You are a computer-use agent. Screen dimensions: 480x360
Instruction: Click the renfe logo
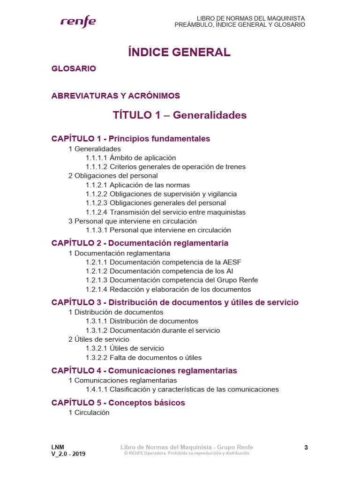click(x=78, y=22)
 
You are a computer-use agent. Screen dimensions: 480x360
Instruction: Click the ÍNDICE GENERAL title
click(x=180, y=52)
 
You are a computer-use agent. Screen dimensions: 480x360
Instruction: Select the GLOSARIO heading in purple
click(x=74, y=68)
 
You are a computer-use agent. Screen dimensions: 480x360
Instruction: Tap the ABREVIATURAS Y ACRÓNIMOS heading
click(x=116, y=96)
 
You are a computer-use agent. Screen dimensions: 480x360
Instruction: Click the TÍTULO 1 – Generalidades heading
click(x=180, y=115)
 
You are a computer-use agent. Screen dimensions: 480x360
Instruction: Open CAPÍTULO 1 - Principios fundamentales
click(x=131, y=139)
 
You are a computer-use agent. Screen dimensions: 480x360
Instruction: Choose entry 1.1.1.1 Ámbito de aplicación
click(x=131, y=157)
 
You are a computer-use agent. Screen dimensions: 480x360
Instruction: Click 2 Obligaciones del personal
click(x=113, y=176)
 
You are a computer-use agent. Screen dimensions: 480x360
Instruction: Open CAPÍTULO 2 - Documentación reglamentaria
click(x=140, y=243)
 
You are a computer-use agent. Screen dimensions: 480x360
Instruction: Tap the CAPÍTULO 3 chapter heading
click(x=174, y=302)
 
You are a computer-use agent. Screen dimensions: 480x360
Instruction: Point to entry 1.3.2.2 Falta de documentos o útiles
click(x=143, y=357)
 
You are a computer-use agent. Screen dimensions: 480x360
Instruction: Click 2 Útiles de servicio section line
click(x=99, y=339)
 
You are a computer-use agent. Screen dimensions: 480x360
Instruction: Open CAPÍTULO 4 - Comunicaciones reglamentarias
click(x=144, y=371)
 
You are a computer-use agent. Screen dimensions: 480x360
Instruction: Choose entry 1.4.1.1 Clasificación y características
click(x=182, y=389)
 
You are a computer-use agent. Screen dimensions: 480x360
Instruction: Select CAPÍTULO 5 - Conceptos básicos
click(x=118, y=403)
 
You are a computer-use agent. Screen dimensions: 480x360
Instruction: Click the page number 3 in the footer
click(x=306, y=448)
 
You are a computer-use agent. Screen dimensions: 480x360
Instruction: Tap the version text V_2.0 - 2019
click(x=68, y=454)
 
